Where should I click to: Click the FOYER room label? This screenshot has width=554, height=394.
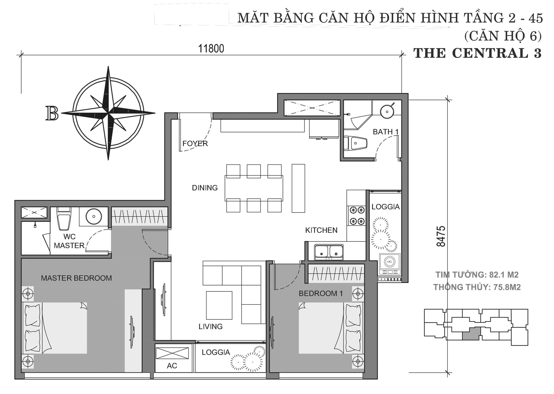[195, 143]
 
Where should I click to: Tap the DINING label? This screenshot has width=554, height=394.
[205, 188]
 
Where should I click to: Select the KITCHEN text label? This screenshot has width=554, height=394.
[321, 230]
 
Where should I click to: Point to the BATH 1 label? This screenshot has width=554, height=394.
[385, 132]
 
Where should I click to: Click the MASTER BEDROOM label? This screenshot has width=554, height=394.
[76, 278]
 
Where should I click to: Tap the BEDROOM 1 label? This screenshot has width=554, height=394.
[321, 293]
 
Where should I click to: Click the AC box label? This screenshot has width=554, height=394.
[172, 366]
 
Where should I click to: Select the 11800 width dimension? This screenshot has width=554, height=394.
[211, 49]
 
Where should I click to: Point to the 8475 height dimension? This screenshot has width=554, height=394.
[441, 236]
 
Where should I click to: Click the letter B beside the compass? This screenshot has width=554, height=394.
[52, 113]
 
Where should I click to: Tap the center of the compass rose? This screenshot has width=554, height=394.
[108, 113]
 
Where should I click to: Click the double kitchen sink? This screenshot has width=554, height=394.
[329, 252]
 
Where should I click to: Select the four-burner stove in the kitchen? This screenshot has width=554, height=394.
[357, 216]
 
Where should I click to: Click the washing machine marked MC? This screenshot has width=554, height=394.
[390, 262]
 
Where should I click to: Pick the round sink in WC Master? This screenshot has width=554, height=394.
[94, 216]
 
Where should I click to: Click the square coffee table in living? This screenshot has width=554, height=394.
[219, 305]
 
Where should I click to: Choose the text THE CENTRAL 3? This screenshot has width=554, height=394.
[477, 53]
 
